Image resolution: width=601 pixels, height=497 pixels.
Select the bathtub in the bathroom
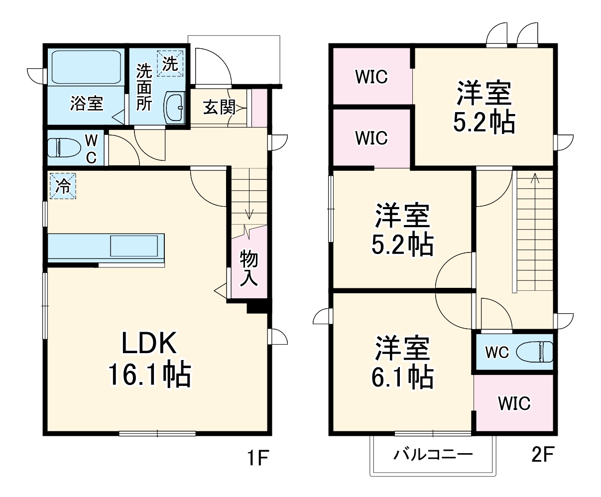point(87,67)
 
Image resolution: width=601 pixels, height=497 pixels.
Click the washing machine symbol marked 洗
point(170,63)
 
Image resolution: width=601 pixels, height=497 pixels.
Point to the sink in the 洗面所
point(174,106)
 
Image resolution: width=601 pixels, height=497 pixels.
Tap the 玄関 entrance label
point(219,107)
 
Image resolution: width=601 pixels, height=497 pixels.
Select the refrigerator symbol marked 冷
point(63,186)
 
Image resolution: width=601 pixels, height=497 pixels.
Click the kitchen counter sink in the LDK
point(135,246)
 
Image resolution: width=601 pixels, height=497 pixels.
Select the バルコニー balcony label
point(433,454)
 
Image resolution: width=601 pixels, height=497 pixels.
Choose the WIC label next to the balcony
point(514,403)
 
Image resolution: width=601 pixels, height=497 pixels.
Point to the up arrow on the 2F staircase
point(535,178)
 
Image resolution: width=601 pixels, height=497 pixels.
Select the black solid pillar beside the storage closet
point(258,306)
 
